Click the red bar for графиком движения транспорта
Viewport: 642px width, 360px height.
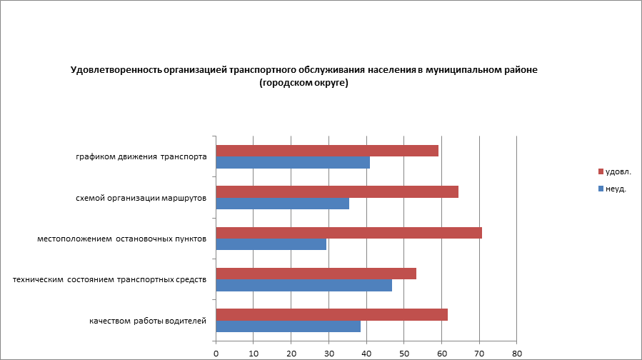pyautogui.click(x=327, y=151)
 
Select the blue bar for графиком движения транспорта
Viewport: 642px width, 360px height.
pyautogui.click(x=293, y=163)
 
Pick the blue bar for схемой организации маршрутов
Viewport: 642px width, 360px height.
pyautogui.click(x=283, y=204)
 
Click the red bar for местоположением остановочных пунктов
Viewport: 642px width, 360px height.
pyautogui.click(x=348, y=233)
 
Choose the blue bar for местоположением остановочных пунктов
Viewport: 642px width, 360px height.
pyautogui.click(x=271, y=244)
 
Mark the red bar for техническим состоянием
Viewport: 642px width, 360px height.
pyautogui.click(x=316, y=274)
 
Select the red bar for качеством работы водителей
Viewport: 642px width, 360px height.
pyautogui.click(x=331, y=314)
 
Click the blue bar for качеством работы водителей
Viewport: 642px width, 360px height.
pyautogui.click(x=289, y=326)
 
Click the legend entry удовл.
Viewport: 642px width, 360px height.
pyautogui.click(x=618, y=172)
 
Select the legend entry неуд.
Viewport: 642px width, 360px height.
pyautogui.click(x=616, y=189)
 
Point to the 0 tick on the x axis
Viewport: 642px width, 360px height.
pyautogui.click(x=216, y=353)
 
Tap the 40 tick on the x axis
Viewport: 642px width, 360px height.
pyautogui.click(x=366, y=353)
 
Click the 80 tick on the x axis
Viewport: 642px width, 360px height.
pyautogui.click(x=517, y=353)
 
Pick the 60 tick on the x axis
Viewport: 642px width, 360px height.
pyautogui.click(x=442, y=353)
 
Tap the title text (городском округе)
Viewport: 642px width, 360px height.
pyautogui.click(x=304, y=83)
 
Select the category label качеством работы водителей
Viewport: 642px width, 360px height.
pyautogui.click(x=148, y=321)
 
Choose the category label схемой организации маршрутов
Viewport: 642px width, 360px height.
pyautogui.click(x=141, y=198)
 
